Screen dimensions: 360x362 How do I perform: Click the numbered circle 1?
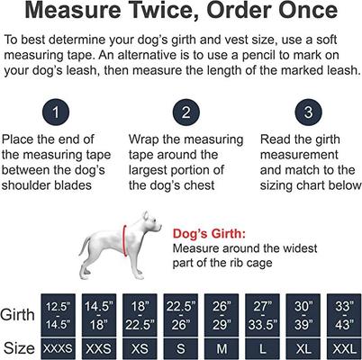tap(56, 114)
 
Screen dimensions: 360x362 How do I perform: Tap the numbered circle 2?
tap(186, 114)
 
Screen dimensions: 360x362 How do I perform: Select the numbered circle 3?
tap(306, 114)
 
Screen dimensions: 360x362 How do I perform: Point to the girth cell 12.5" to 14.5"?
tap(60, 313)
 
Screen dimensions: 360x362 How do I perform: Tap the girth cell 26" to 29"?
tap(222, 313)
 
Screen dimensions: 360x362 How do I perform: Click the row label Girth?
tap(19, 315)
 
